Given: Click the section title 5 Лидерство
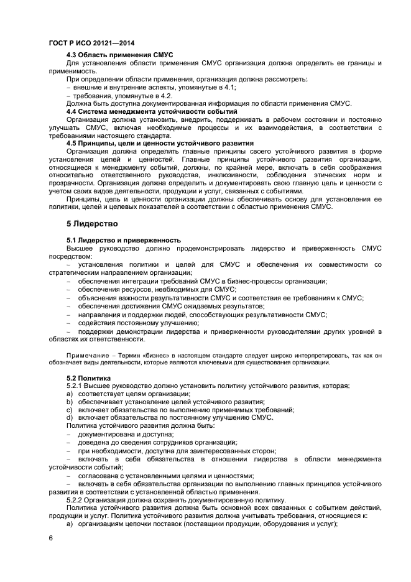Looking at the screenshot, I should [x=92, y=223].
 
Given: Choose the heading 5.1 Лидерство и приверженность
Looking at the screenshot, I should [x=123, y=240].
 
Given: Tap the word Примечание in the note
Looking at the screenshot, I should [x=85, y=354].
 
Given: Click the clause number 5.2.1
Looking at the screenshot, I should [x=75, y=386].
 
